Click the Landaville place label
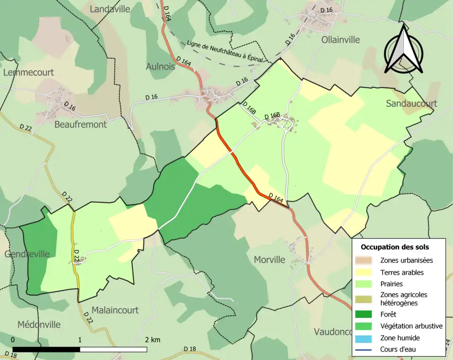coord(109,9)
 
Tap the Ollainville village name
coord(340,40)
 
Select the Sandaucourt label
coord(411,103)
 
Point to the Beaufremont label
coord(81,125)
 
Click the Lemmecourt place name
coord(28,72)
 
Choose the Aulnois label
coord(160,67)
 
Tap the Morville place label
coord(269,260)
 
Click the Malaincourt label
coord(115,310)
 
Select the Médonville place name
coord(39,325)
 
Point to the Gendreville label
coord(27,254)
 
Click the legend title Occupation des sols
coord(395,247)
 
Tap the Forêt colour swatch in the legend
coord(367,314)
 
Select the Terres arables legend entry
coord(402,272)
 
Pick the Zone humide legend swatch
coord(367,338)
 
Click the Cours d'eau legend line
coord(367,350)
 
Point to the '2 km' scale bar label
coord(152,340)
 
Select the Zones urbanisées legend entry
coord(406,260)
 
